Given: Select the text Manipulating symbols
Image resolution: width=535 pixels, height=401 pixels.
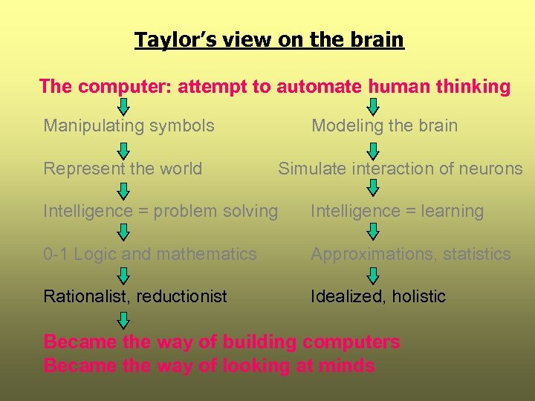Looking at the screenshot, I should pos(129,125).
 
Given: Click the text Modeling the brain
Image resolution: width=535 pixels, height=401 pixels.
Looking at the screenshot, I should pos(384,125).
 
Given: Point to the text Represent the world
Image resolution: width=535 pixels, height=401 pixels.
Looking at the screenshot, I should pos(123,169).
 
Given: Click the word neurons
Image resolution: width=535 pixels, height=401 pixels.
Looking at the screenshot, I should pos(491,169).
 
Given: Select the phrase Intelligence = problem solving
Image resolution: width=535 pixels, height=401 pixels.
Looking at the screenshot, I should pos(160,211).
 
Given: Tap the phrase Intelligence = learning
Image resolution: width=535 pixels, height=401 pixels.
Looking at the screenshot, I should pos(397,211).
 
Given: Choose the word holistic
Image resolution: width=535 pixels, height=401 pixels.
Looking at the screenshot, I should pos(419,296).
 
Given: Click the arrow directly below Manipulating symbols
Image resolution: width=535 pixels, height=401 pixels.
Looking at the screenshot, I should pos(124,148).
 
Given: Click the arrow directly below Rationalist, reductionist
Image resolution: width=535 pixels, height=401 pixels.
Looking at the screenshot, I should pos(124,319).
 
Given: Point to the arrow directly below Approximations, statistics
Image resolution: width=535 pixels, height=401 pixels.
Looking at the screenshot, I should pos(374,276).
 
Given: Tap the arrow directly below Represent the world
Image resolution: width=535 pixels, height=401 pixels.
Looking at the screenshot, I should pos(124,190).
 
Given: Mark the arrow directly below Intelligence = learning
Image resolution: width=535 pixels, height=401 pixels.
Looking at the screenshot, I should pos(374,232).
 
